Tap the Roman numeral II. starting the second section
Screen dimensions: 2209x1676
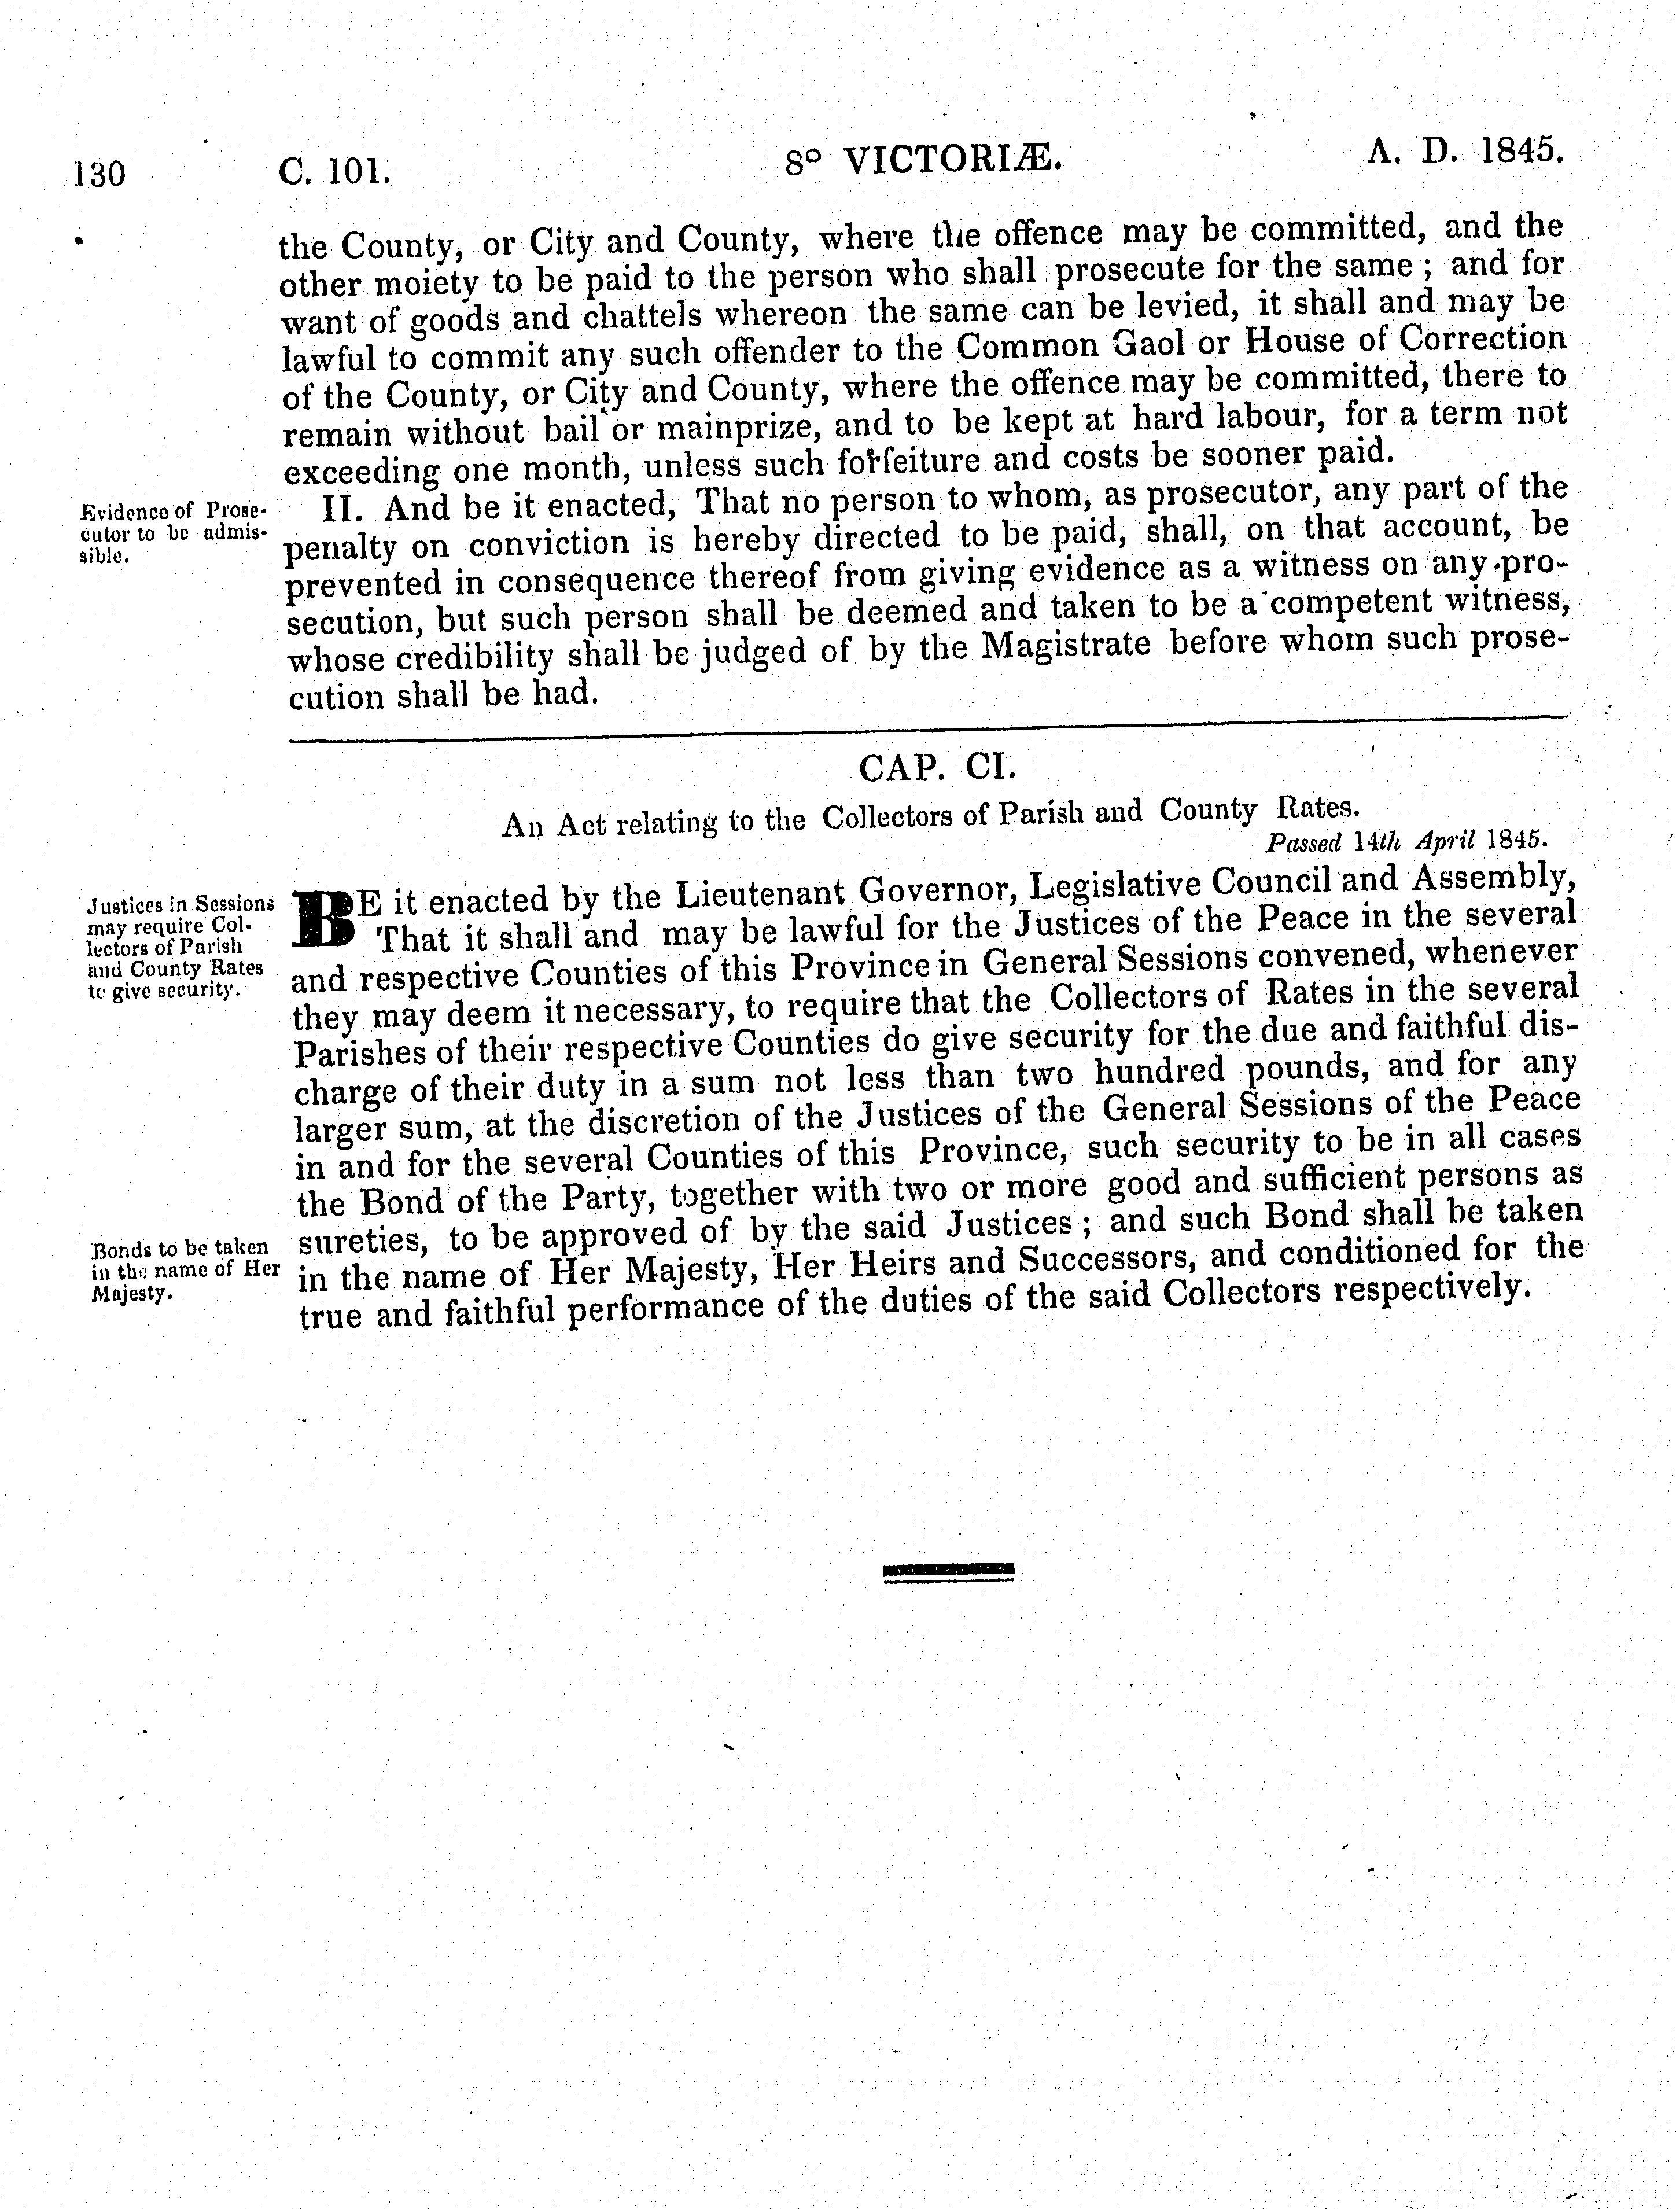point(345,509)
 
